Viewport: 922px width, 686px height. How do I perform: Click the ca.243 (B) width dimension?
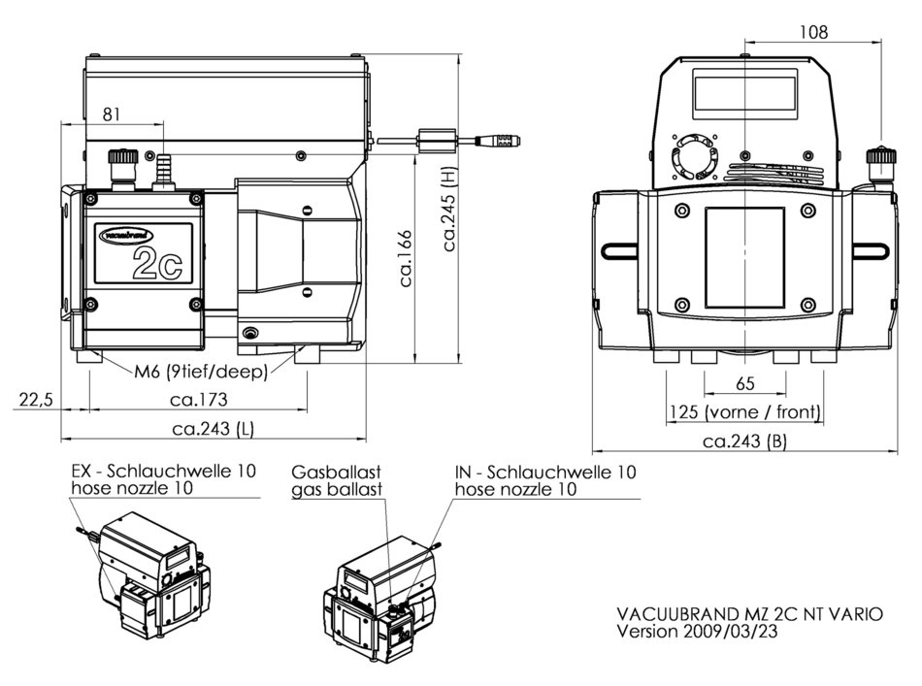743,441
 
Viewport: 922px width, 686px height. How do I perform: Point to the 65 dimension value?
744,384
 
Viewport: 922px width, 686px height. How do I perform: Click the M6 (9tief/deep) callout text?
201,371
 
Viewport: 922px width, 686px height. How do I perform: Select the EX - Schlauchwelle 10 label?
165,472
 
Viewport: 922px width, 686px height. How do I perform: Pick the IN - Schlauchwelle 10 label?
545,472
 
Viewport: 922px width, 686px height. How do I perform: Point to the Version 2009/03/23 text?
698,631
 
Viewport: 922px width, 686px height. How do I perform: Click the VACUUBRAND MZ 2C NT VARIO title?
749,613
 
